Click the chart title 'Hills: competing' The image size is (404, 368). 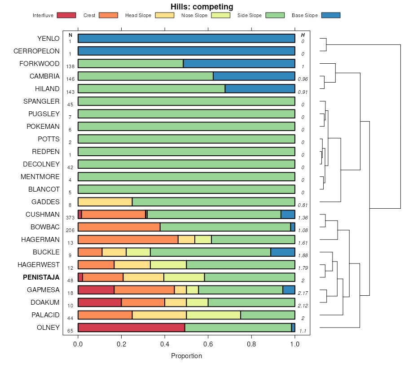(202, 7)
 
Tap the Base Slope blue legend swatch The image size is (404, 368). (331, 15)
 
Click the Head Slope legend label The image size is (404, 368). (138, 15)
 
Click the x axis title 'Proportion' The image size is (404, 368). (186, 356)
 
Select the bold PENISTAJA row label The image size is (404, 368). (41, 277)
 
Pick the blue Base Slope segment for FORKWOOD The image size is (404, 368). (239, 63)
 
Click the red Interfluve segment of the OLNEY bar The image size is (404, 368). (131, 328)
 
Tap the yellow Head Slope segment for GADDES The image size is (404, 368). (105, 202)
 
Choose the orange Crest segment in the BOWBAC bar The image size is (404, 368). (119, 227)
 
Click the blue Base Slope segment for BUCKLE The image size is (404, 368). (283, 252)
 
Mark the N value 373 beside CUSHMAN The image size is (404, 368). (70, 217)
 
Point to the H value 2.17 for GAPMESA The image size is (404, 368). (303, 293)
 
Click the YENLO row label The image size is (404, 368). (48, 39)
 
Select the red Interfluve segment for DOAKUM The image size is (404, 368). (100, 302)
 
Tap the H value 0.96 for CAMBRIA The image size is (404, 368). (303, 79)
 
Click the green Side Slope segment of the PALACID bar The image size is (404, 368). (268, 315)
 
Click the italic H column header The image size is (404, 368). (303, 35)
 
